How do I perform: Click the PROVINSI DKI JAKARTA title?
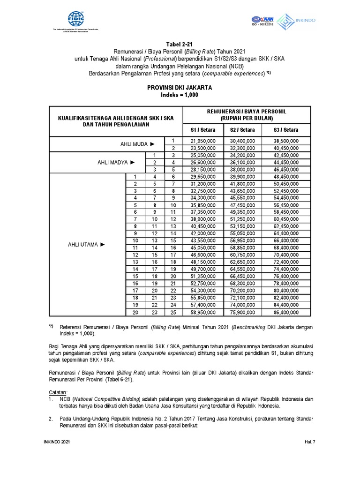[x=180, y=88]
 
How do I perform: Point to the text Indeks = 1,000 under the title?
[x=180, y=95]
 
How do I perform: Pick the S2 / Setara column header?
[x=242, y=130]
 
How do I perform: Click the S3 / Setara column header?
[x=285, y=130]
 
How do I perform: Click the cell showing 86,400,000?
[x=285, y=312]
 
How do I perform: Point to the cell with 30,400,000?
[x=242, y=141]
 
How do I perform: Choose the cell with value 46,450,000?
[x=285, y=169]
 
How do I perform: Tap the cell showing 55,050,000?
[x=242, y=233]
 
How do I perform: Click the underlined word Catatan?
[x=59, y=391]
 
